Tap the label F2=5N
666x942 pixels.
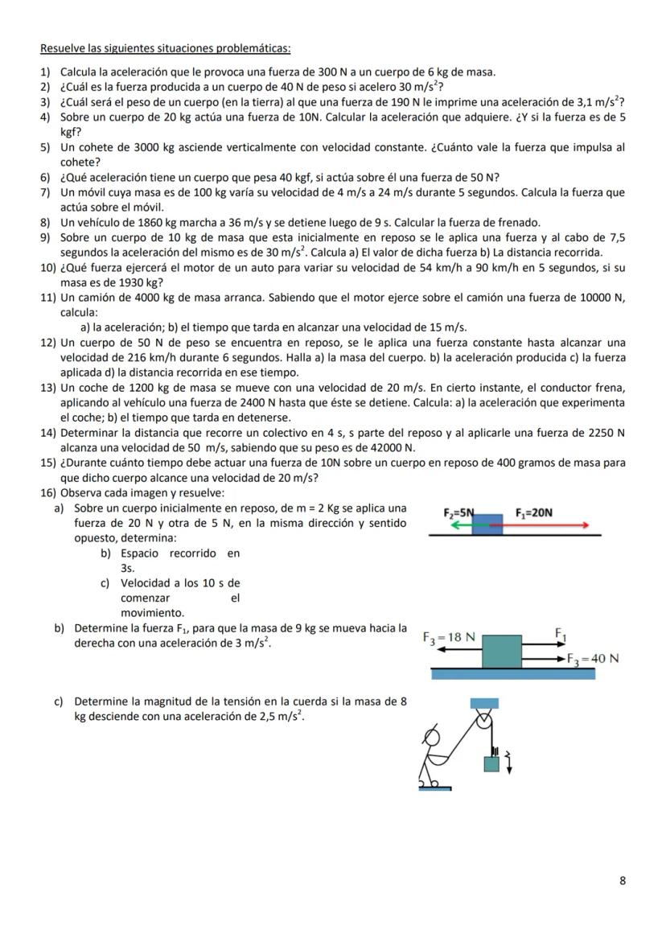click(x=459, y=512)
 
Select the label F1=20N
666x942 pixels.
click(x=533, y=512)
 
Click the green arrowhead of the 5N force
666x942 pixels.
click(x=454, y=524)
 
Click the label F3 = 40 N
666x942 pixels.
click(x=592, y=659)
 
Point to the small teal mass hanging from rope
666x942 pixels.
click(x=491, y=763)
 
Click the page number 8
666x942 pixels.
click(x=623, y=880)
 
